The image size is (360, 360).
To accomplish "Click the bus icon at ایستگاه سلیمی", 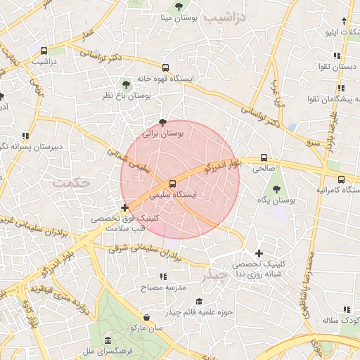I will pos(173,186).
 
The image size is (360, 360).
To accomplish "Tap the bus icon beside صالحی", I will pos(264,158).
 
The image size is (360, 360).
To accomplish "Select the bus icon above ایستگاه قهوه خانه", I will pos(165,68).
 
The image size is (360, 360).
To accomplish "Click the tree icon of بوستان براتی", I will pos(164,122).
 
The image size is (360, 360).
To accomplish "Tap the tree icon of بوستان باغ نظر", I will pos(127,84).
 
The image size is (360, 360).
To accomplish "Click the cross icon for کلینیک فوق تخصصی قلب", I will pos(125,207).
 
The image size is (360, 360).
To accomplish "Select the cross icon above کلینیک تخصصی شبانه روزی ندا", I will pos(259,253).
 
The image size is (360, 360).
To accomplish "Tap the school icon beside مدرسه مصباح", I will pos(164,277).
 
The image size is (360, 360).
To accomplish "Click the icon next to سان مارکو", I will pos(146,318).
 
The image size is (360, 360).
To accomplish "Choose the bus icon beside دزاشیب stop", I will pos(44,51).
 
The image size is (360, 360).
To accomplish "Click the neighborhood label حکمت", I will pos(72,181).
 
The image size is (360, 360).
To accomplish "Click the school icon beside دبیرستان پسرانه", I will pos(26,136).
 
